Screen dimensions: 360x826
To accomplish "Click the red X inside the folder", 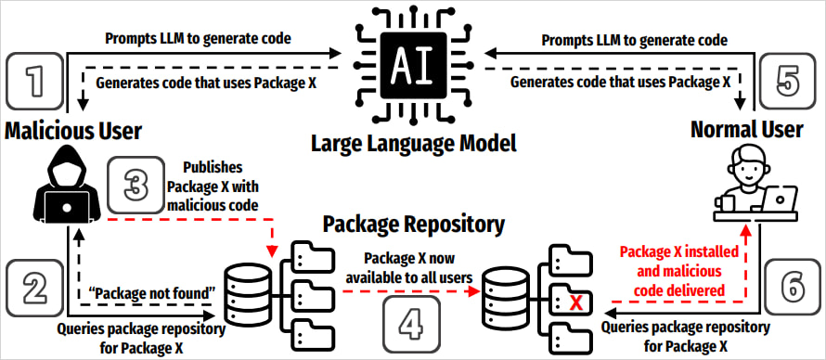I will coord(576,302).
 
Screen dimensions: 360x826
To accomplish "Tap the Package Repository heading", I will coord(413,224).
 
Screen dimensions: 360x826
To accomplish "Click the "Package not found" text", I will coord(151,295).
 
